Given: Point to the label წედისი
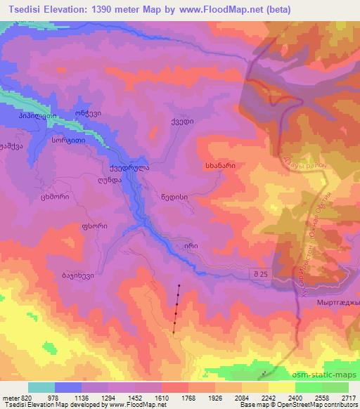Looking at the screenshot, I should [x=174, y=197].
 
